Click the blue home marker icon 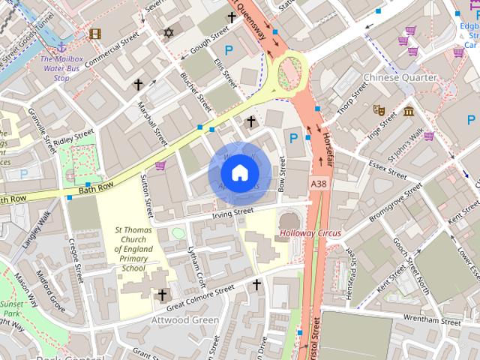point(238,173)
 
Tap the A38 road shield point(319,182)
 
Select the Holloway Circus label point(310,233)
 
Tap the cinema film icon point(94,33)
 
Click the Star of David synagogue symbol point(169,32)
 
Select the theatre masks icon point(379,109)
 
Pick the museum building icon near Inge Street point(408,112)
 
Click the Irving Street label point(233,213)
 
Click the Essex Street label point(387,169)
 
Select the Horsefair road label point(325,138)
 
